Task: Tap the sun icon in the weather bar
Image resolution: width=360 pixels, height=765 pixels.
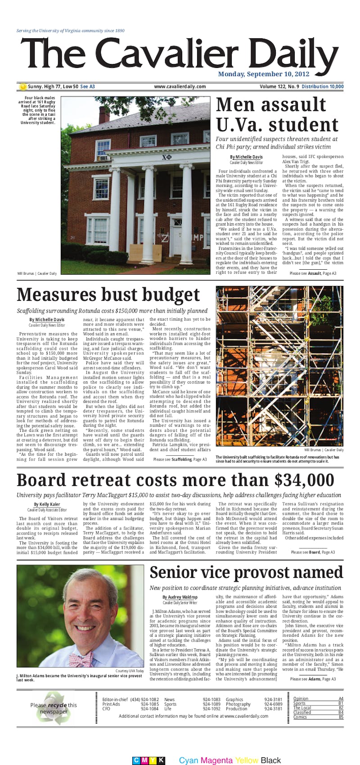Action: point(23,87)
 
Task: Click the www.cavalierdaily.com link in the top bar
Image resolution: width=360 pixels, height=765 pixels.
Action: point(180,87)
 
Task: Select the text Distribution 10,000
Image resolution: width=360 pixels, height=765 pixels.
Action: point(322,87)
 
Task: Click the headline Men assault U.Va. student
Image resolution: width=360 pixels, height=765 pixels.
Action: point(276,115)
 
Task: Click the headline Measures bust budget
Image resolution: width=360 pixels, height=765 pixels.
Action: point(108,295)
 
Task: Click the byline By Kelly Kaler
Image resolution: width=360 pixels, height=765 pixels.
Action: point(47,505)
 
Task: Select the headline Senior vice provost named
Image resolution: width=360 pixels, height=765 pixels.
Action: point(246,573)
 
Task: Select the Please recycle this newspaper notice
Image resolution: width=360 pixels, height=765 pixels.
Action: point(54,708)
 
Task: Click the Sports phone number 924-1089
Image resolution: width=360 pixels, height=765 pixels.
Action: point(211,704)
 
